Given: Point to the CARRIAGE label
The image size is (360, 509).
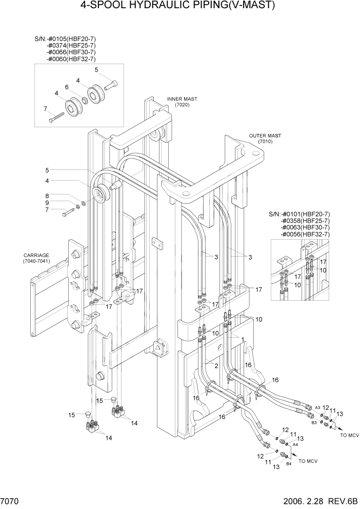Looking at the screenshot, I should tap(36, 255).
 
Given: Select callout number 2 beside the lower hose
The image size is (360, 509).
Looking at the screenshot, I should tap(217, 365).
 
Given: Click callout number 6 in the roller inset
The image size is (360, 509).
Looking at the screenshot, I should tap(67, 87).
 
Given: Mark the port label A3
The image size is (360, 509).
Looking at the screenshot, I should tap(317, 407).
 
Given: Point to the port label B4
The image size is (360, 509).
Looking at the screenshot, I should tap(289, 464).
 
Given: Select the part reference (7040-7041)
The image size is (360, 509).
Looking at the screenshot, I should tap(36, 262).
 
